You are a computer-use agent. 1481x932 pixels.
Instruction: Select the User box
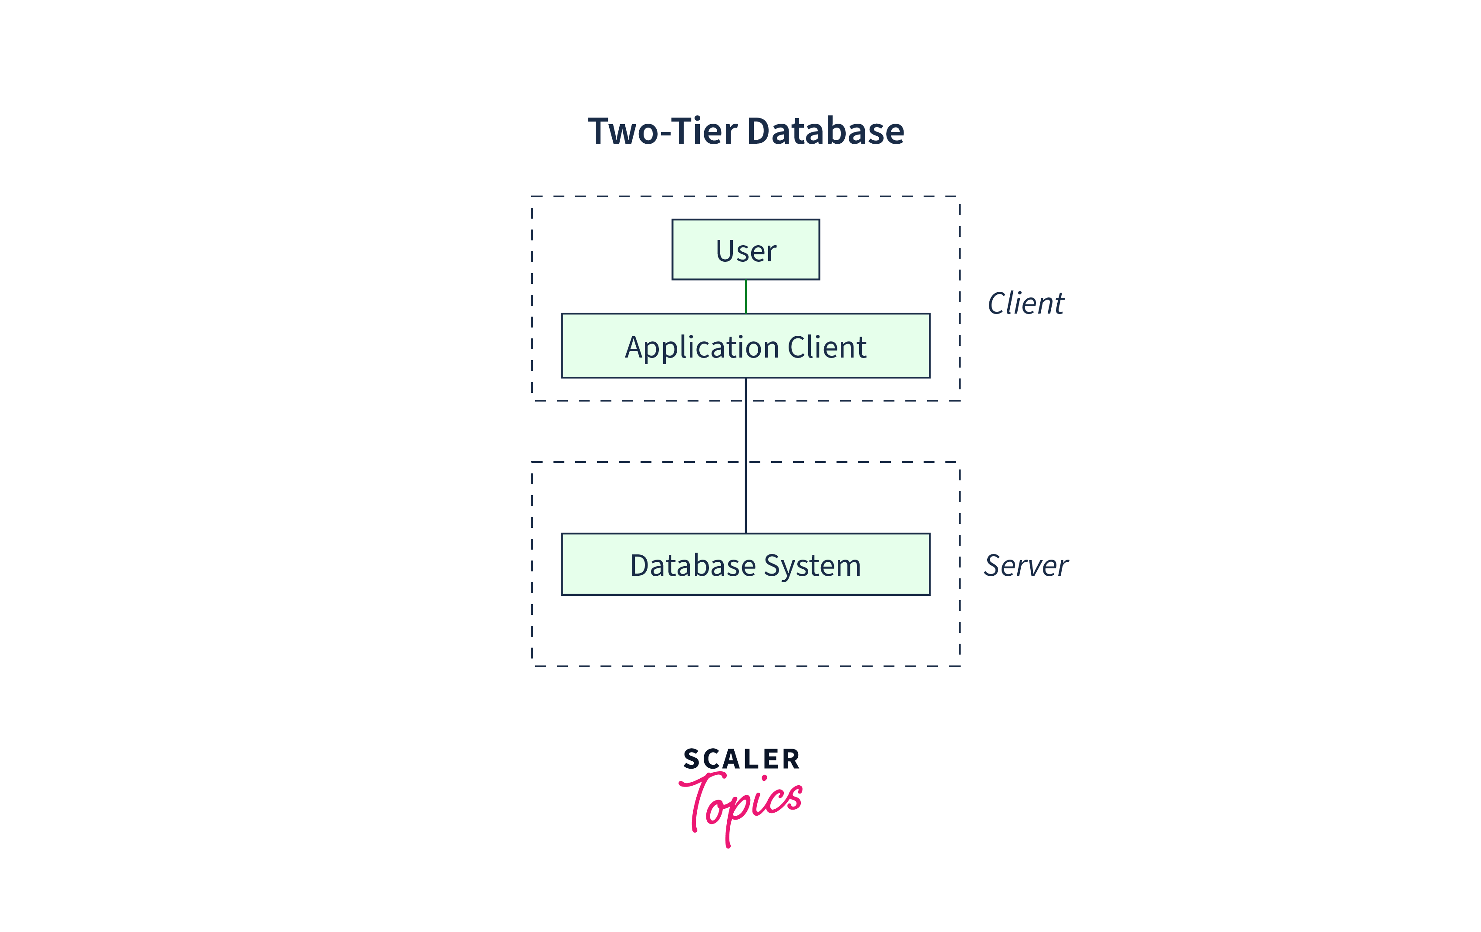click(x=746, y=250)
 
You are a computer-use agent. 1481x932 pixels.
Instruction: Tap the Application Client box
click(x=746, y=346)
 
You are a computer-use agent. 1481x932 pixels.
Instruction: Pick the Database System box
click(x=746, y=564)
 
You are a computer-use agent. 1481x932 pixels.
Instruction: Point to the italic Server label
click(x=1025, y=565)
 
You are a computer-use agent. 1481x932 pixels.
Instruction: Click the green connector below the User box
click(x=746, y=297)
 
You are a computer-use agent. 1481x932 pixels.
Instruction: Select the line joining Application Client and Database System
click(x=746, y=455)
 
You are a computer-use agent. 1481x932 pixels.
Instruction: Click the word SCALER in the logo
click(x=741, y=759)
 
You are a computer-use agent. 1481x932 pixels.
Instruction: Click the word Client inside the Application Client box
click(x=827, y=347)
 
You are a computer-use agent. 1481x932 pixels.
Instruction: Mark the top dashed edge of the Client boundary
click(x=746, y=196)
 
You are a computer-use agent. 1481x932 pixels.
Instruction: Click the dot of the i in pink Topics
click(x=765, y=779)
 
